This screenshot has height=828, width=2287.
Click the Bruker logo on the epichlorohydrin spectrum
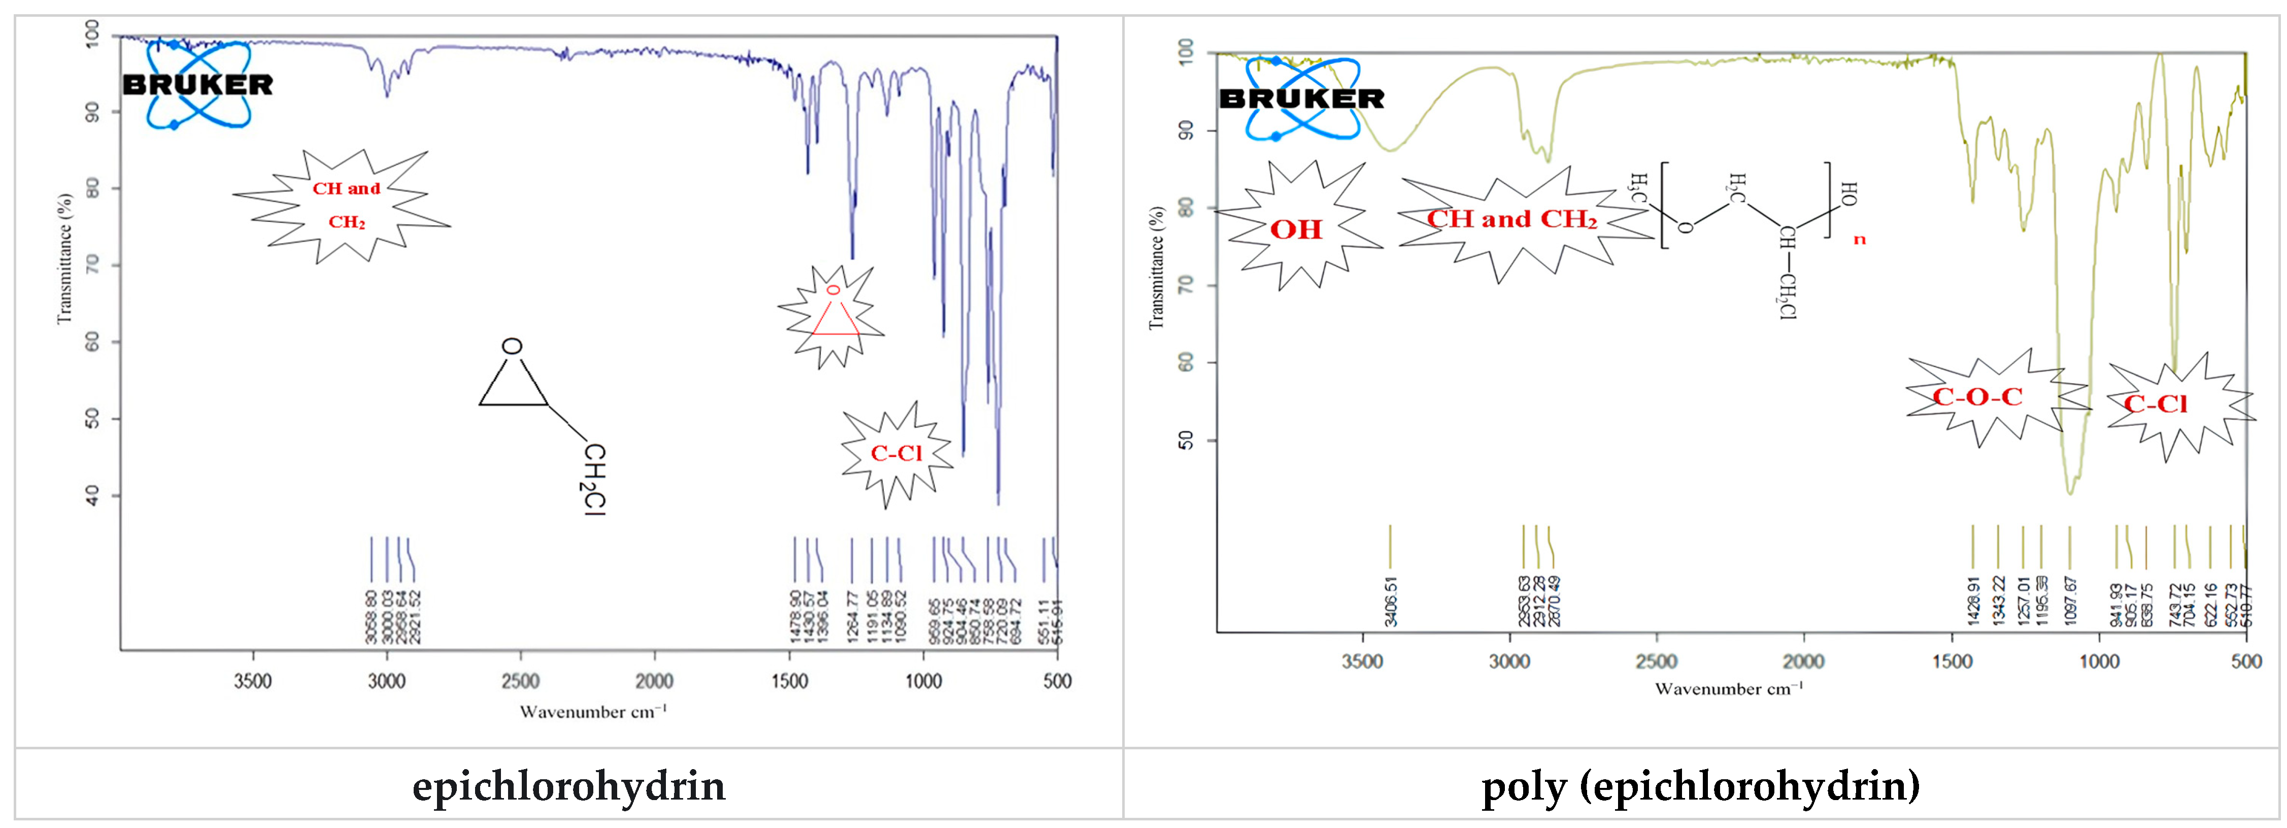(197, 84)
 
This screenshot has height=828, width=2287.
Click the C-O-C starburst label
(1978, 396)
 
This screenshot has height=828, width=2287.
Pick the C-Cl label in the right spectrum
(2156, 404)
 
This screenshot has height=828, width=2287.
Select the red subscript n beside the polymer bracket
(1859, 240)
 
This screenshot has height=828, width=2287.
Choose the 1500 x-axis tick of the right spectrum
(1952, 661)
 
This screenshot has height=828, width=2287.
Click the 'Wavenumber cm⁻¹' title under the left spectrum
(593, 712)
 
